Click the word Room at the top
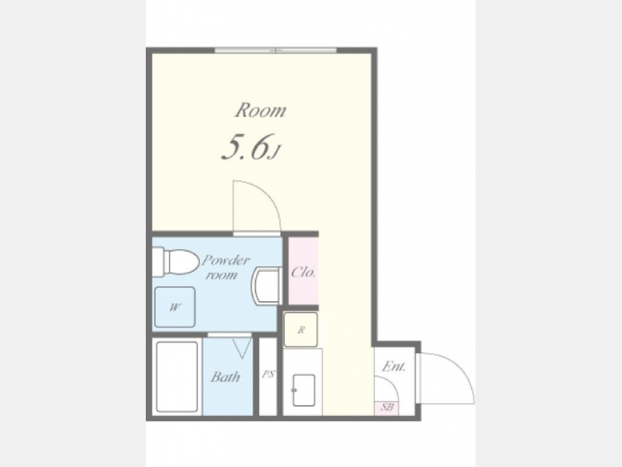[x=261, y=110]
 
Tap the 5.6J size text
[x=251, y=147]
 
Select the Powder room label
[x=225, y=267]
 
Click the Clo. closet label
[x=303, y=272]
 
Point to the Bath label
[x=225, y=376]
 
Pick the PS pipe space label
[x=268, y=374]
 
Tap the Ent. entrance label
[x=393, y=366]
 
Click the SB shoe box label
[x=387, y=407]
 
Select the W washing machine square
[x=175, y=307]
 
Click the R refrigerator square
[x=301, y=329]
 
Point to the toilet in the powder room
[x=176, y=262]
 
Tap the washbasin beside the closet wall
[x=267, y=286]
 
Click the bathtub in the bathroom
[x=177, y=376]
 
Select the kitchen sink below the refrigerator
[x=304, y=390]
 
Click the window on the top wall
[x=276, y=51]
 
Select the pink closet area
[x=303, y=271]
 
